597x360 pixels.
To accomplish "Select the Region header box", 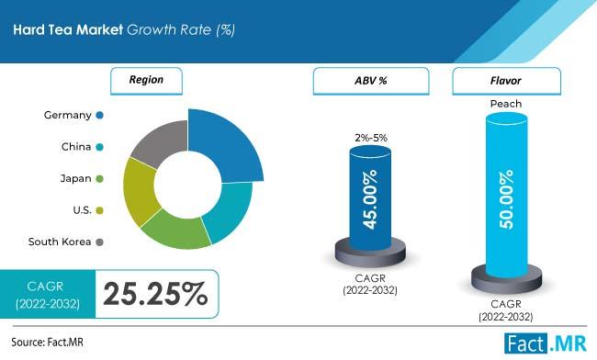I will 147,80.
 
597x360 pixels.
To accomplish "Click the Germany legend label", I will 67,115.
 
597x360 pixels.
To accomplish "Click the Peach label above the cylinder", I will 506,104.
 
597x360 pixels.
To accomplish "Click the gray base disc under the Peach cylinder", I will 507,277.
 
